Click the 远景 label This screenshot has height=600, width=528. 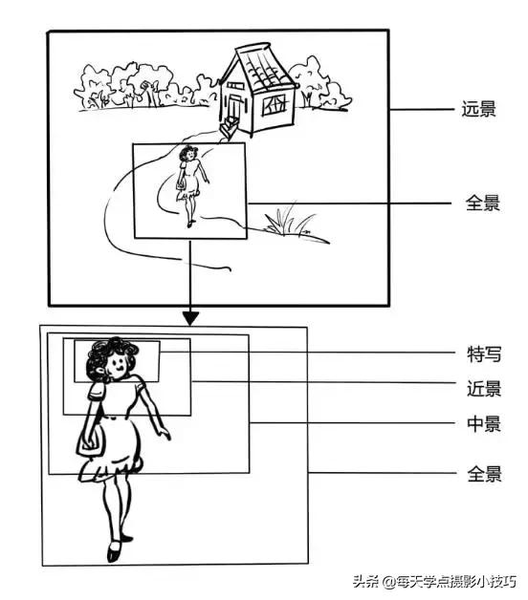click(479, 109)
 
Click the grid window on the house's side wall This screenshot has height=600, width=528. click(275, 102)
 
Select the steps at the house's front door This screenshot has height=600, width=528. click(228, 128)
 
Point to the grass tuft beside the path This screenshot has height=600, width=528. click(290, 222)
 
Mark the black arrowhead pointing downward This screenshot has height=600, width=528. click(190, 316)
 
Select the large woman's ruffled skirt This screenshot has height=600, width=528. click(113, 459)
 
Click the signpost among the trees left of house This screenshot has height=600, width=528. click(146, 91)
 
